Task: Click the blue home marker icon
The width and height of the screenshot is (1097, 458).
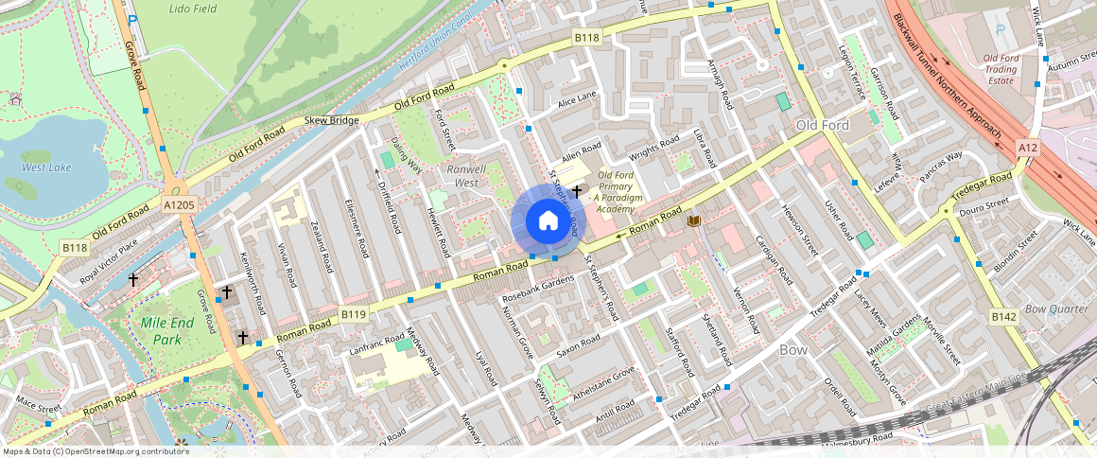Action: point(548,221)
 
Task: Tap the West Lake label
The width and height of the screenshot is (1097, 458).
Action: point(46,167)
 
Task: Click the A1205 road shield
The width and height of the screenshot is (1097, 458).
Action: point(179,203)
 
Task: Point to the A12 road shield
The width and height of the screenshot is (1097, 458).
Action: point(1029,149)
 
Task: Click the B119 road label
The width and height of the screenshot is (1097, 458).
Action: point(354,313)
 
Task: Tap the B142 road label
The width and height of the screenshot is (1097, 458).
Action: point(1002,316)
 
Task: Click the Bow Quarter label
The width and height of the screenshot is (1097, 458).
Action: point(1057,308)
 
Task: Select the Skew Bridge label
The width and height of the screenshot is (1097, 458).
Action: point(331,121)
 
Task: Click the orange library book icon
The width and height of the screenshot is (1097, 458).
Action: point(694,220)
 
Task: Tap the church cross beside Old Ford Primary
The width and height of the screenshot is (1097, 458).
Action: point(576,192)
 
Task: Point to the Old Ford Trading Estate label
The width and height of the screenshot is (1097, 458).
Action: point(1001,69)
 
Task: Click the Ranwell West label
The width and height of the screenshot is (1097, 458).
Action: point(466,175)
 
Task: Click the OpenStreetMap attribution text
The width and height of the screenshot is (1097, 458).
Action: point(95,451)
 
